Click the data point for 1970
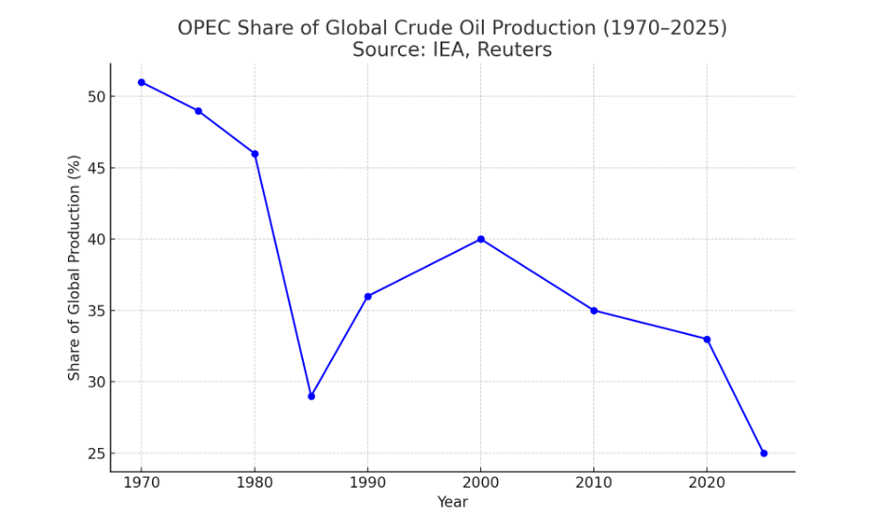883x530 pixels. click(x=142, y=82)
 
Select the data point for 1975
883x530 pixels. click(x=198, y=111)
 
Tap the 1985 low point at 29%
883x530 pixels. click(x=311, y=396)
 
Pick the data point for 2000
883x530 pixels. click(x=481, y=240)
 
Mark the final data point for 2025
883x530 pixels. click(x=763, y=454)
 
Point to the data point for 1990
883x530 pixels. click(x=368, y=296)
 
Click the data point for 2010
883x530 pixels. click(x=593, y=310)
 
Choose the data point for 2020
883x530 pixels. click(x=707, y=340)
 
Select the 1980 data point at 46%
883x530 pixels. click(x=255, y=154)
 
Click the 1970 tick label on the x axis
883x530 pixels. click(x=142, y=484)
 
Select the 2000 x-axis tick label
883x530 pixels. click(x=481, y=484)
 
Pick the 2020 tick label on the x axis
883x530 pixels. click(x=707, y=484)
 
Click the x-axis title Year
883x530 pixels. click(x=452, y=503)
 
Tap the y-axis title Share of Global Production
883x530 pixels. click(x=75, y=268)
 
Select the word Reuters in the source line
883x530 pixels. click(x=514, y=50)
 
